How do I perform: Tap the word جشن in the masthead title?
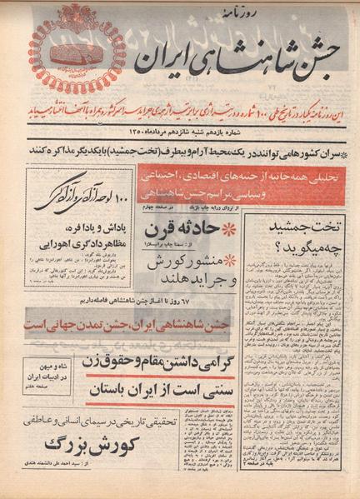[x=308, y=50]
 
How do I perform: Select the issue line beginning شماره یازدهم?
[x=188, y=130]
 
